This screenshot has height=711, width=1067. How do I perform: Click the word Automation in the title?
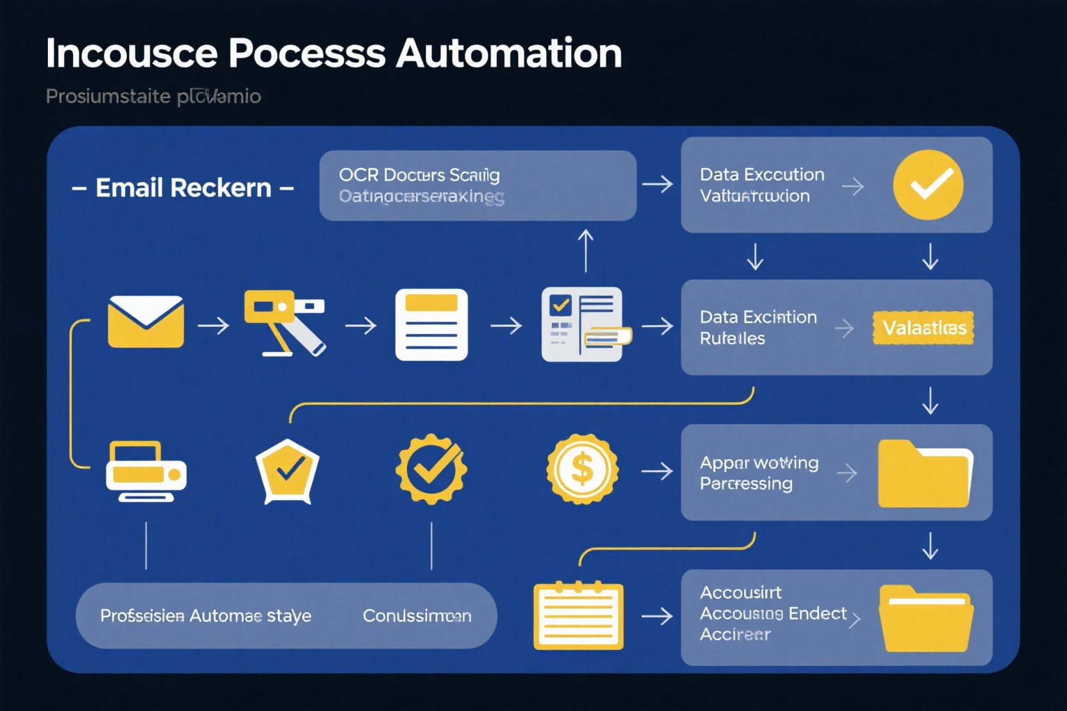(508, 53)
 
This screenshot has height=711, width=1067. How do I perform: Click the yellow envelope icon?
(146, 321)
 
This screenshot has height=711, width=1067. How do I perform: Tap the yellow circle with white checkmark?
(927, 185)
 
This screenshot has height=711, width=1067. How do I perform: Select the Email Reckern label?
(183, 188)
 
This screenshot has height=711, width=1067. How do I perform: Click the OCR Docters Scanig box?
(477, 185)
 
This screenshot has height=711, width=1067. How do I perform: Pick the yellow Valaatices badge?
(923, 328)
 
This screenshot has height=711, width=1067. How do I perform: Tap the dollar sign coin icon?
(581, 469)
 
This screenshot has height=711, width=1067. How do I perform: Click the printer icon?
(146, 471)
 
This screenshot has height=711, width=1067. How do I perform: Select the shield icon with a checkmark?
(288, 471)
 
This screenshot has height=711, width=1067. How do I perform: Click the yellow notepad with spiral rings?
(578, 616)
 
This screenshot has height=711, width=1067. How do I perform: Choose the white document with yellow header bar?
(431, 325)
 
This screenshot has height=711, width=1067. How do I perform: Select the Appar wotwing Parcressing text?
(759, 473)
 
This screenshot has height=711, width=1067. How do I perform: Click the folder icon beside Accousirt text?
(925, 618)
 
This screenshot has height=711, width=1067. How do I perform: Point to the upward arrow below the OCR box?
(586, 251)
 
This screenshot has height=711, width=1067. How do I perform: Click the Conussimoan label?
(417, 616)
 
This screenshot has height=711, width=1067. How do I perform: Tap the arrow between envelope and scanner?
(213, 325)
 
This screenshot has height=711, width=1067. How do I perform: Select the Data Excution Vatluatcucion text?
(761, 185)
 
